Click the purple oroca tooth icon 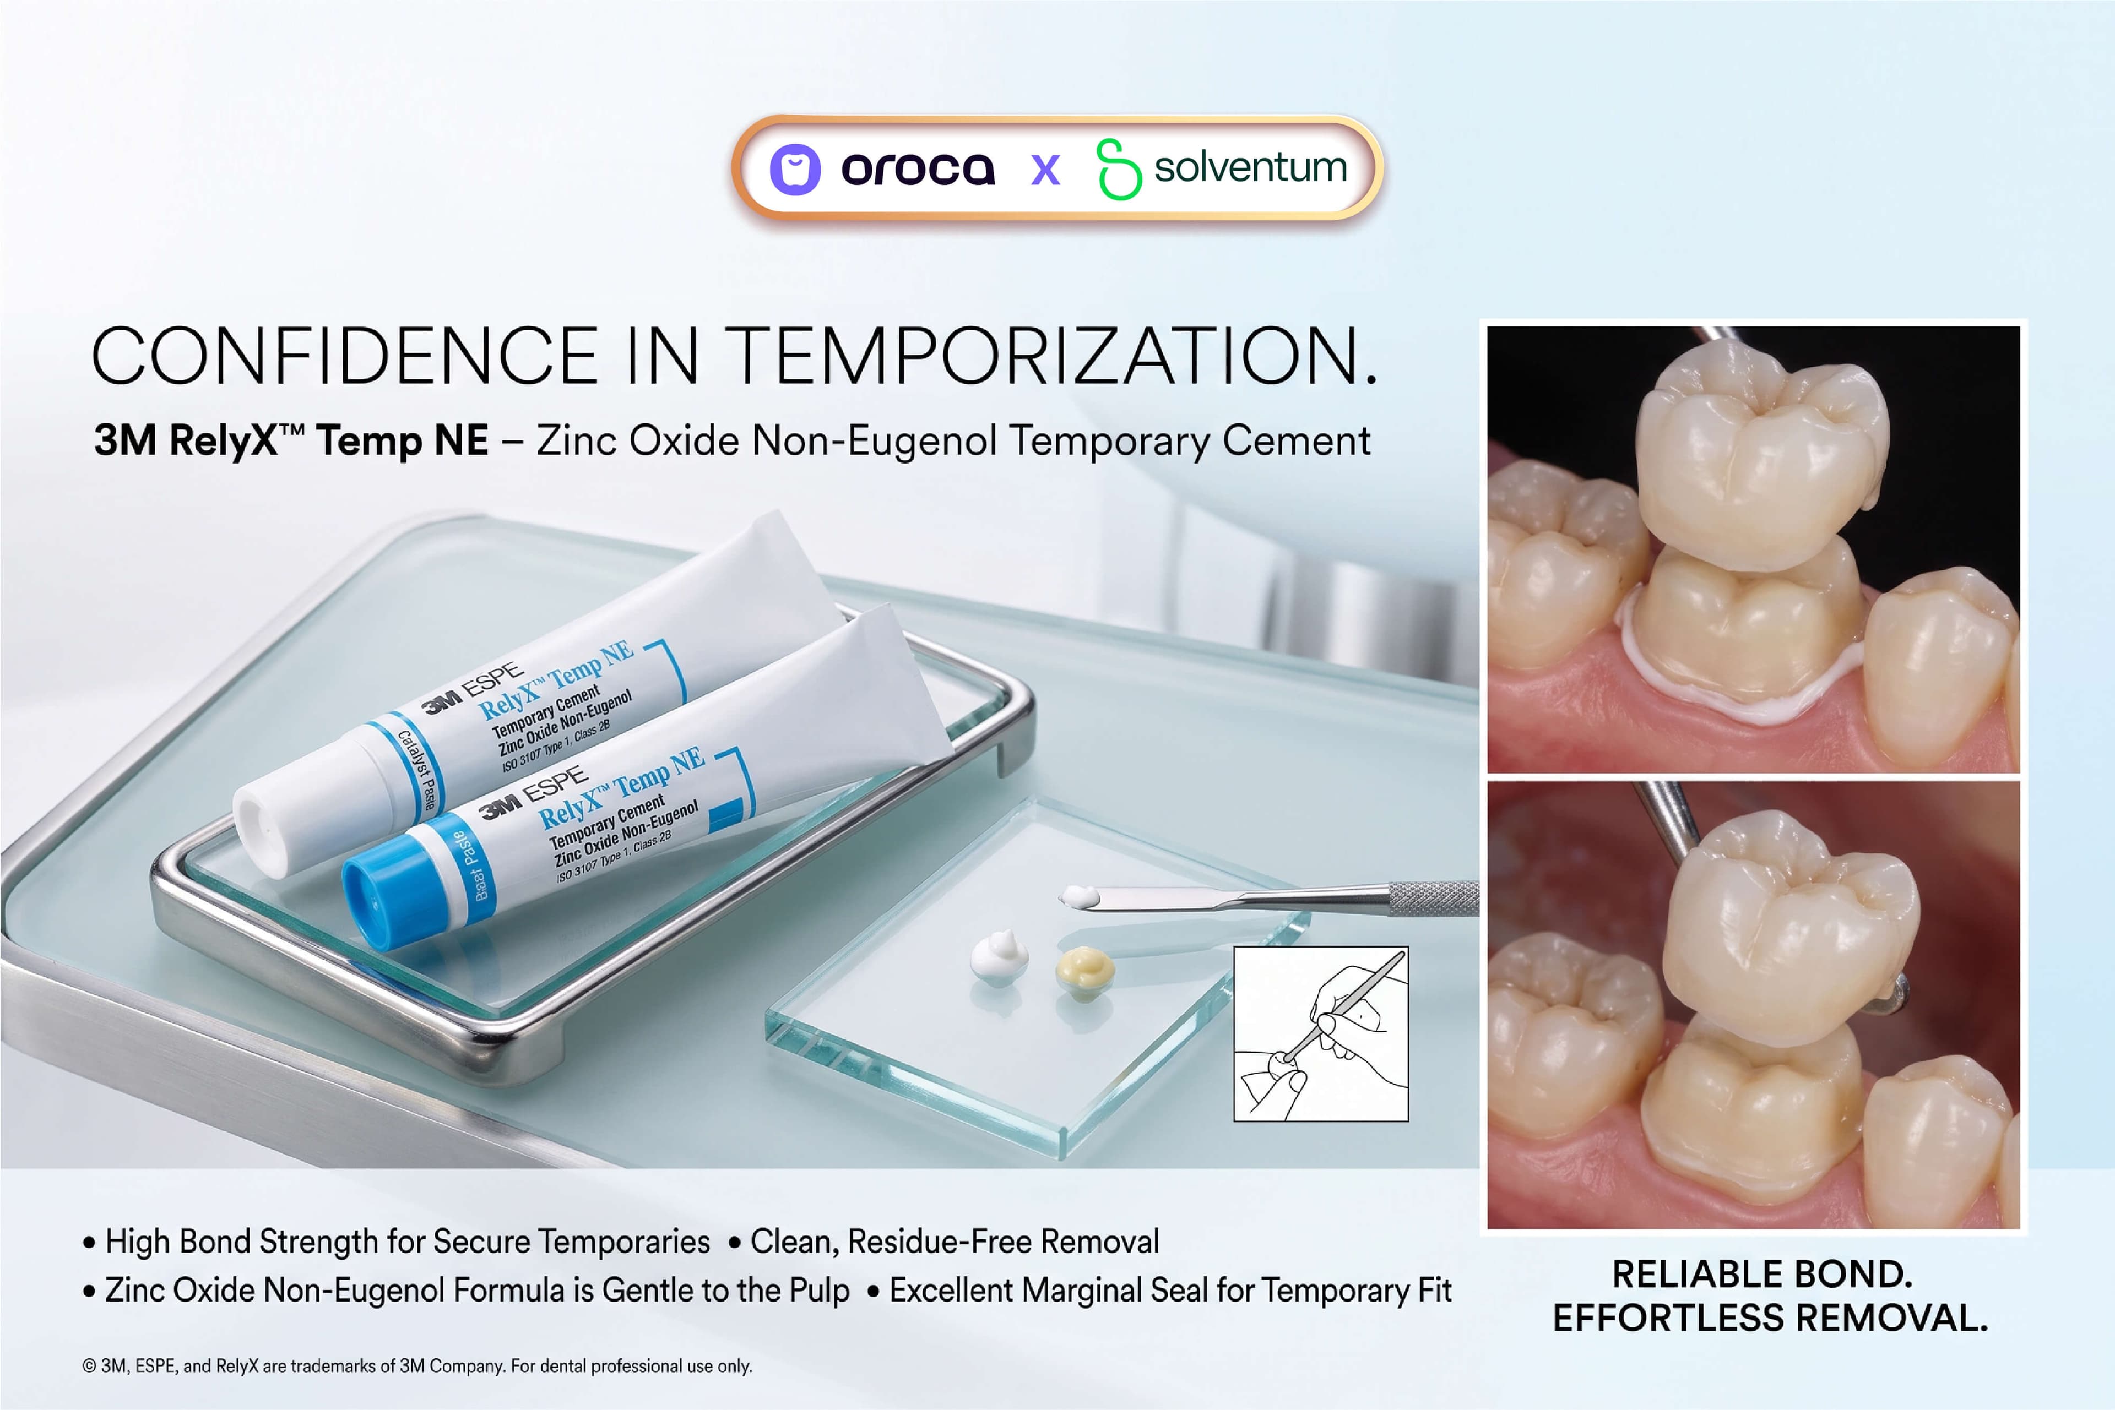pyautogui.click(x=795, y=169)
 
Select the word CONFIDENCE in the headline pyautogui.click(x=345, y=356)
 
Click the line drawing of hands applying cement pyautogui.click(x=1321, y=1033)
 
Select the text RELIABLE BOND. pyautogui.click(x=1761, y=1274)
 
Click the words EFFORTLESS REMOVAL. pyautogui.click(x=1770, y=1318)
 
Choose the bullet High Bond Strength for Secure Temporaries pyautogui.click(x=396, y=1242)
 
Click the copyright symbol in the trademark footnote pyautogui.click(x=89, y=1366)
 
